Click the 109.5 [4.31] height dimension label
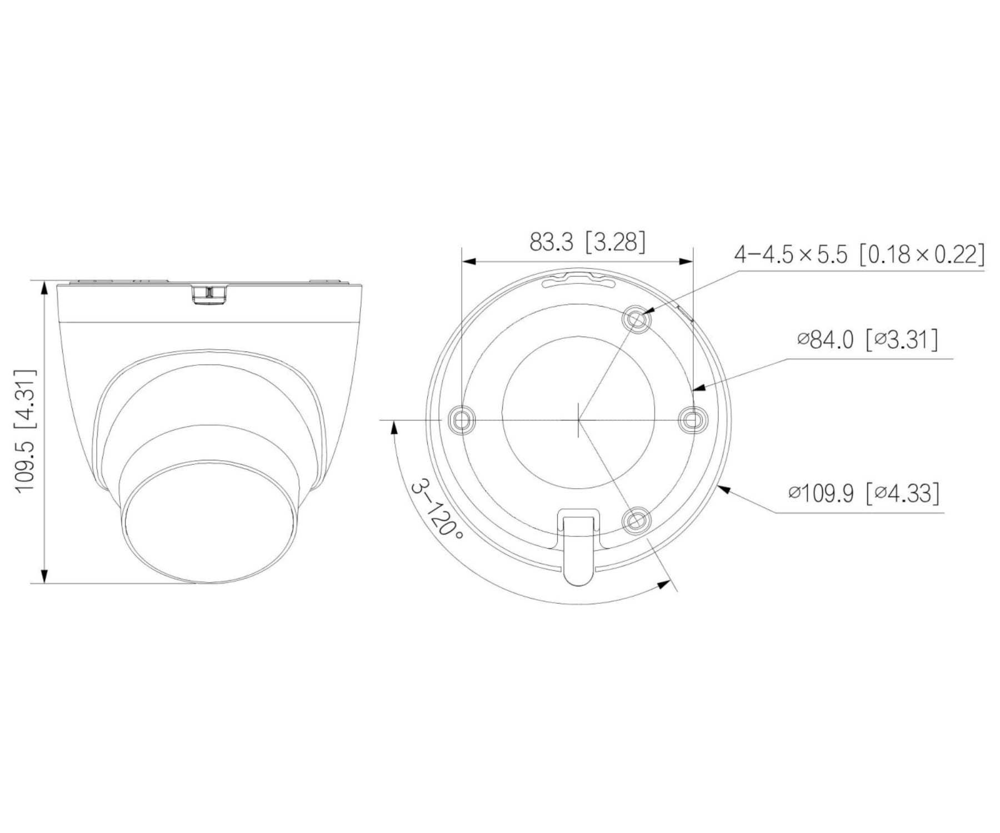click(x=27, y=430)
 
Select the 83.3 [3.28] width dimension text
click(x=587, y=243)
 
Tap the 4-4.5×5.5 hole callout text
click(x=859, y=255)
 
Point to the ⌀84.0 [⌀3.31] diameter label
click(x=867, y=339)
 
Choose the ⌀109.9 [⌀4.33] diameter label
click(x=864, y=493)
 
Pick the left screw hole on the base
click(x=462, y=419)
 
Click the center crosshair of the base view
click(x=578, y=419)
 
